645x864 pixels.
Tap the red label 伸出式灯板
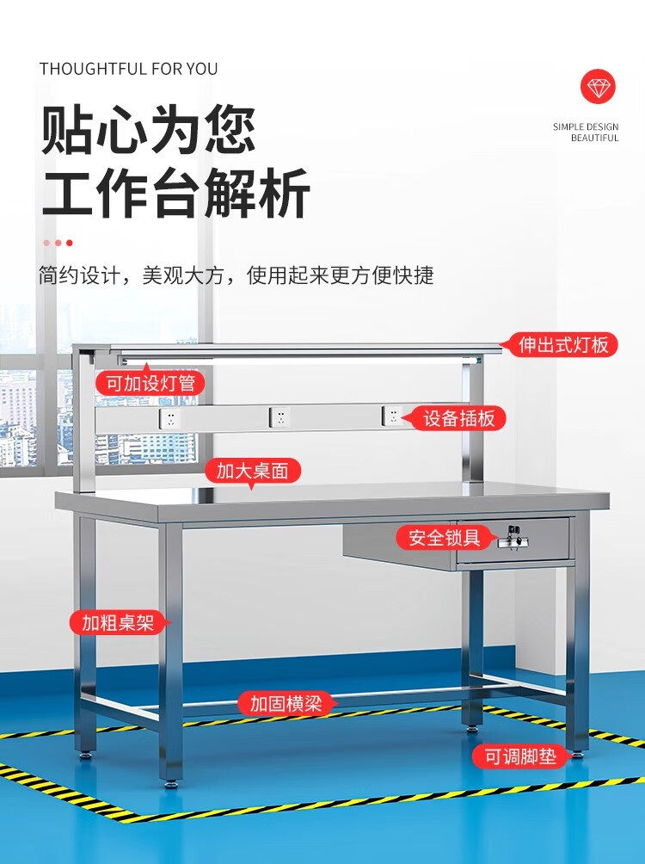point(564,345)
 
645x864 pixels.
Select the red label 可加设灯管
point(150,383)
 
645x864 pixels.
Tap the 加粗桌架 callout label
point(119,623)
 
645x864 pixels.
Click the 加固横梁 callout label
point(286,703)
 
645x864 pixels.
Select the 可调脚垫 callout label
point(519,757)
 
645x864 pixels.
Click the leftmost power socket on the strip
point(170,419)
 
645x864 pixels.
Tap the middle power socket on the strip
point(279,417)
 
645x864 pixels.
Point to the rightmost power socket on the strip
point(392,416)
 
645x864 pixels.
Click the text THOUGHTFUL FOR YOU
point(128,69)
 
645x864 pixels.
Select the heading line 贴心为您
point(149,130)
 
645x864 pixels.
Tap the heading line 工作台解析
point(175,195)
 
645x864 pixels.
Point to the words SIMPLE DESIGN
point(586,127)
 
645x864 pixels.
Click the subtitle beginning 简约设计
point(236,275)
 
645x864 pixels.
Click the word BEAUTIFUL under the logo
point(594,138)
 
